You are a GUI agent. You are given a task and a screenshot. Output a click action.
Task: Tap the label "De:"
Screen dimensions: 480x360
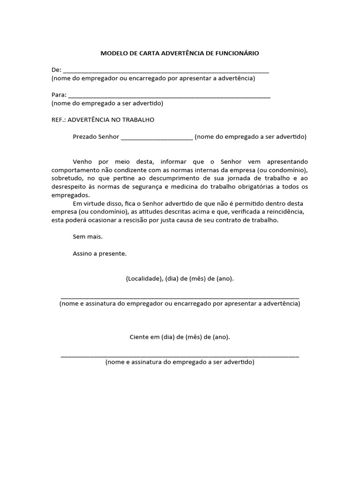click(x=56, y=70)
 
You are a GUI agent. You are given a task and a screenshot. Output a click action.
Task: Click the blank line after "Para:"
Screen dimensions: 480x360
click(x=169, y=96)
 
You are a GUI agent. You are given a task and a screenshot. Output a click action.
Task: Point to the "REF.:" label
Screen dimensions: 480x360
click(x=59, y=120)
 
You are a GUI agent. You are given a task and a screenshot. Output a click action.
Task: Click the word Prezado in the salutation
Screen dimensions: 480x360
click(x=85, y=137)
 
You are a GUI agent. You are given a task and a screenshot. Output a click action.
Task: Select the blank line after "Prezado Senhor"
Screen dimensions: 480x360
click(x=157, y=138)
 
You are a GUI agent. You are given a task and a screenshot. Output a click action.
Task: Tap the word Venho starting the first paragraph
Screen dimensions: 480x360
click(x=82, y=162)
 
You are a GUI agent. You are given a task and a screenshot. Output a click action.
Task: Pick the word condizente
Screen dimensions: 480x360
click(x=153, y=170)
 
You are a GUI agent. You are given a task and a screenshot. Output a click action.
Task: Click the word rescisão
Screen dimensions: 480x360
click(x=143, y=220)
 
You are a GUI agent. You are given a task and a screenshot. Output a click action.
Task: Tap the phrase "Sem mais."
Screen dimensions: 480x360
click(x=88, y=237)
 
